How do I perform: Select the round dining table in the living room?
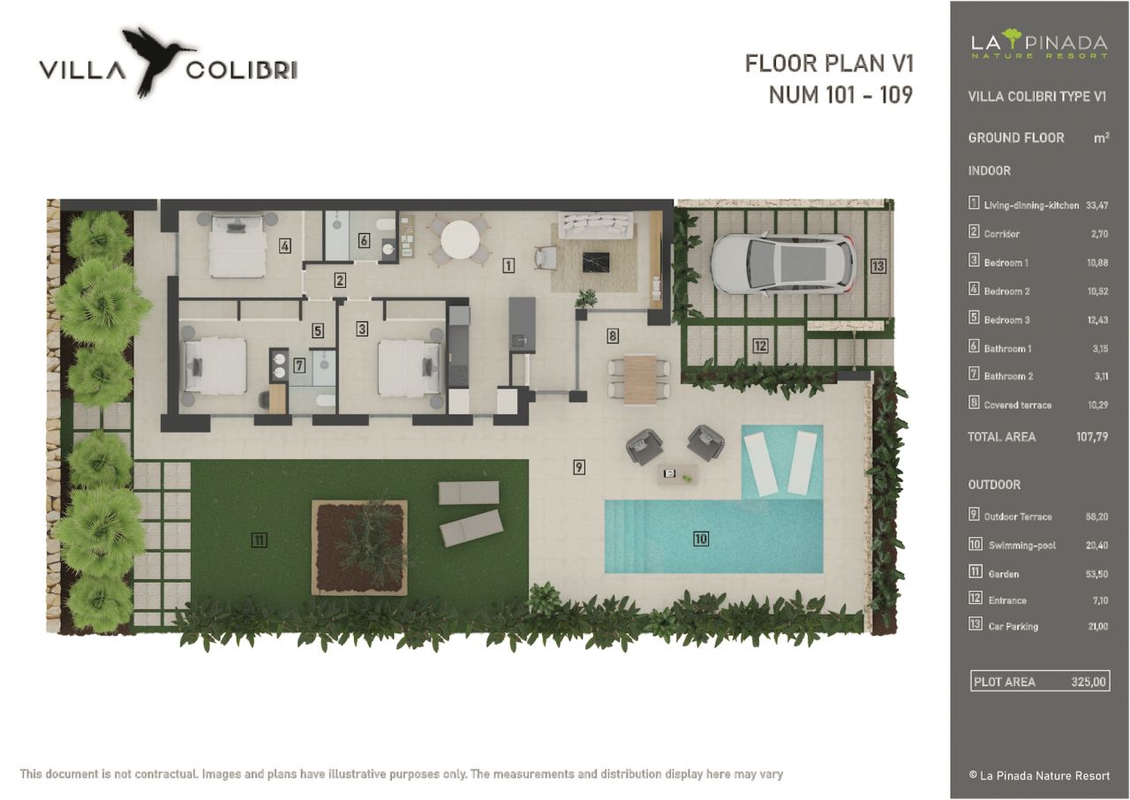(x=459, y=238)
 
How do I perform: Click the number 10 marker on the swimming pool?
(x=701, y=538)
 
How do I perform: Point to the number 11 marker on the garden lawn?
(x=259, y=540)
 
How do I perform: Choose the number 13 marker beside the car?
(x=877, y=265)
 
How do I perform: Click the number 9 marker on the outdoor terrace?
(x=579, y=467)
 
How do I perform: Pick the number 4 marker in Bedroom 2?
(x=284, y=246)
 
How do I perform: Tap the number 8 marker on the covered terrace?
(x=613, y=336)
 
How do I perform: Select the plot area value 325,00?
(x=1088, y=682)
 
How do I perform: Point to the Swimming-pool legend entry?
(x=1021, y=546)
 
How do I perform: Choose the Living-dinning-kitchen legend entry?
(x=1031, y=206)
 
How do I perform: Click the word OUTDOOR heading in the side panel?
(x=994, y=485)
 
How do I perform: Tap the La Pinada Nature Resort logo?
(x=1039, y=45)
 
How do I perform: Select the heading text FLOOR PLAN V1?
(x=829, y=64)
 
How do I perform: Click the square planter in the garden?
(x=359, y=547)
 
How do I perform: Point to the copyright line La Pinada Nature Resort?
(x=1039, y=775)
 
